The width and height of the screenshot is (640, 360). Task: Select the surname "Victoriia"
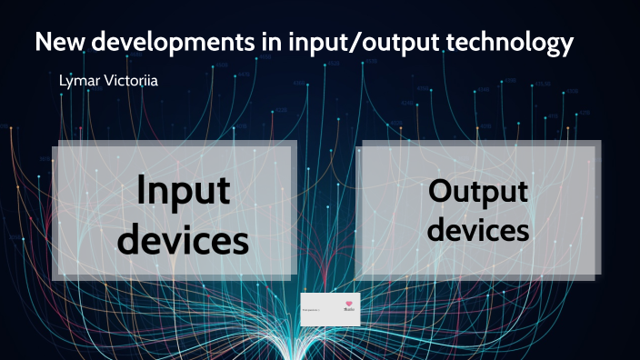click(135, 81)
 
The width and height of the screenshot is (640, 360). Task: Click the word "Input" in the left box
click(184, 192)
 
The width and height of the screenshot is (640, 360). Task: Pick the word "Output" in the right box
click(478, 192)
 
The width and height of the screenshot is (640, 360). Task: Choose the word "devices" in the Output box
click(478, 230)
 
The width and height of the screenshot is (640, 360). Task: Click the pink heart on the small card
click(349, 304)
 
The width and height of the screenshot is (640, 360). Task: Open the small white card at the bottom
click(330, 310)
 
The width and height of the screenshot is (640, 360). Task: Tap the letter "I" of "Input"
click(142, 191)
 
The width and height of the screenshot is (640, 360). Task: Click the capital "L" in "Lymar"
click(60, 81)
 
